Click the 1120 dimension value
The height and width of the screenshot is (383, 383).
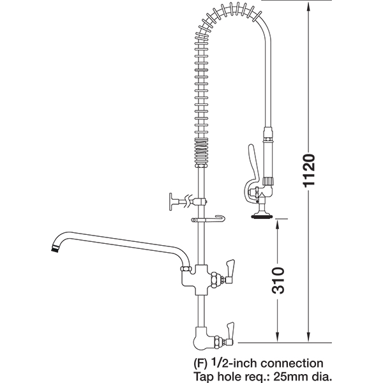pyautogui.click(x=308, y=170)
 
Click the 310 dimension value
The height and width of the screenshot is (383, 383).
pyautogui.click(x=278, y=280)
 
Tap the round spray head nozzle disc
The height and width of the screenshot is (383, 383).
pyautogui.click(x=262, y=216)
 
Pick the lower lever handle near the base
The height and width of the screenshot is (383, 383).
pyautogui.click(x=230, y=332)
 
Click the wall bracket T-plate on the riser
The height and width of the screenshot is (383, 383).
pyautogui.click(x=171, y=202)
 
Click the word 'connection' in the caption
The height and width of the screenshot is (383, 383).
pyautogui.click(x=292, y=363)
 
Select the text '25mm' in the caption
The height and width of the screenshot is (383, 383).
pyautogui.click(x=289, y=376)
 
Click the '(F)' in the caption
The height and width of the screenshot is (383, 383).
pyautogui.click(x=200, y=364)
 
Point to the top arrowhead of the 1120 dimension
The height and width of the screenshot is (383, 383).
pyautogui.click(x=308, y=8)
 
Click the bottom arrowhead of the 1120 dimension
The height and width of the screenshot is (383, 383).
pyautogui.click(x=308, y=336)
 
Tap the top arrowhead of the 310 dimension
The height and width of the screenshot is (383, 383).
pyautogui.click(x=278, y=224)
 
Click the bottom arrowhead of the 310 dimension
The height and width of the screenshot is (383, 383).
pyautogui.click(x=278, y=336)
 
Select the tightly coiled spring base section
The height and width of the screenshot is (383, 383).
pyautogui.click(x=202, y=151)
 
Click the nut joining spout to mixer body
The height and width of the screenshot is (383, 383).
pyautogui.click(x=186, y=269)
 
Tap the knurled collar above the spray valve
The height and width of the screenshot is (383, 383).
pyautogui.click(x=267, y=181)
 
